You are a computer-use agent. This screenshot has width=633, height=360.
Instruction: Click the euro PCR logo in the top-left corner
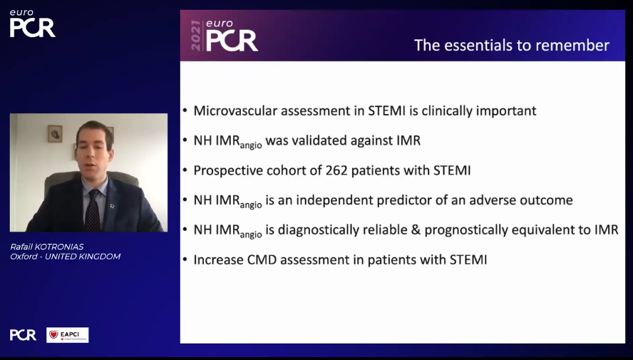coord(32,24)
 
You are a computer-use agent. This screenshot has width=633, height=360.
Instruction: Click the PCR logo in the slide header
coord(232,40)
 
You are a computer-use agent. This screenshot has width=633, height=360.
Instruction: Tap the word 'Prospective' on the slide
coord(227,170)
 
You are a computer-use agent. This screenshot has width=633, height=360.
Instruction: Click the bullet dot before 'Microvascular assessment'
coord(185,111)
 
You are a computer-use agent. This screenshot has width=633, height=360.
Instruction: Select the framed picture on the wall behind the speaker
coord(55,133)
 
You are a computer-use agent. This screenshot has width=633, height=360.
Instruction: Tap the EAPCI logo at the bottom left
coord(68,335)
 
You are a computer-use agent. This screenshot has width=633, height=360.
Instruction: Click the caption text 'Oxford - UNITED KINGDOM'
coord(65,257)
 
